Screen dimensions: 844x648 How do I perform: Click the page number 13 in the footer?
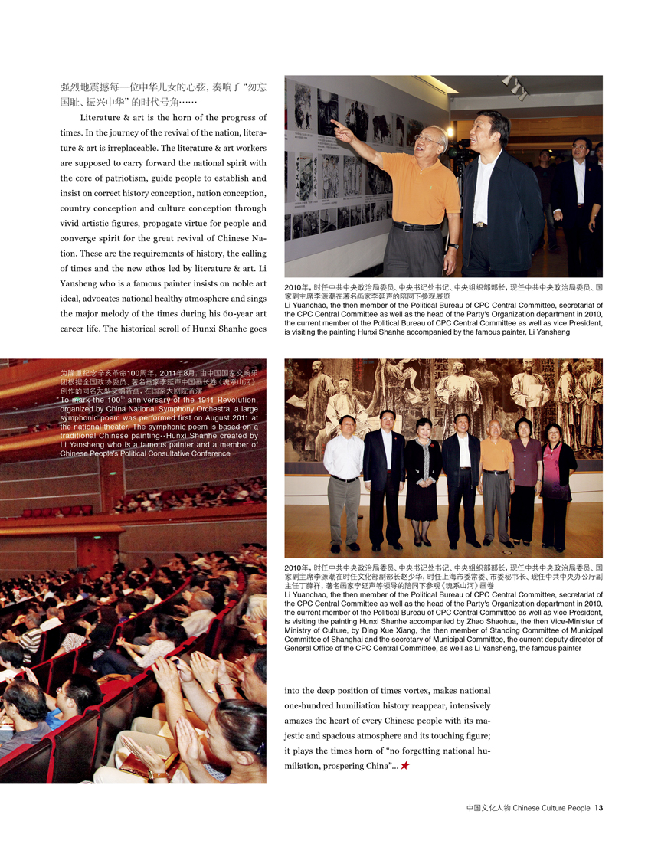click(600, 807)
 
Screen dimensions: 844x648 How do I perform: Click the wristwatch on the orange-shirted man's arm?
click(453, 246)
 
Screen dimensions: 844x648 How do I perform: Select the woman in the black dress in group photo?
click(423, 479)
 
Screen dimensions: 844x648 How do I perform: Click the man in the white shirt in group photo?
click(343, 483)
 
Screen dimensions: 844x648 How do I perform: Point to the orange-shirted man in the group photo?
click(496, 479)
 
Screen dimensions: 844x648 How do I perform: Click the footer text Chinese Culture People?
click(551, 807)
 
